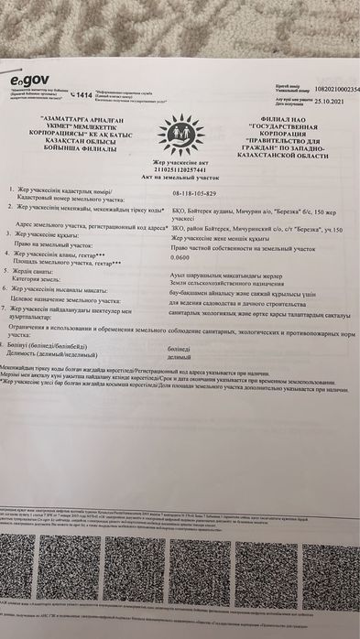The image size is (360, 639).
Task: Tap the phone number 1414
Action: pos(82,94)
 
